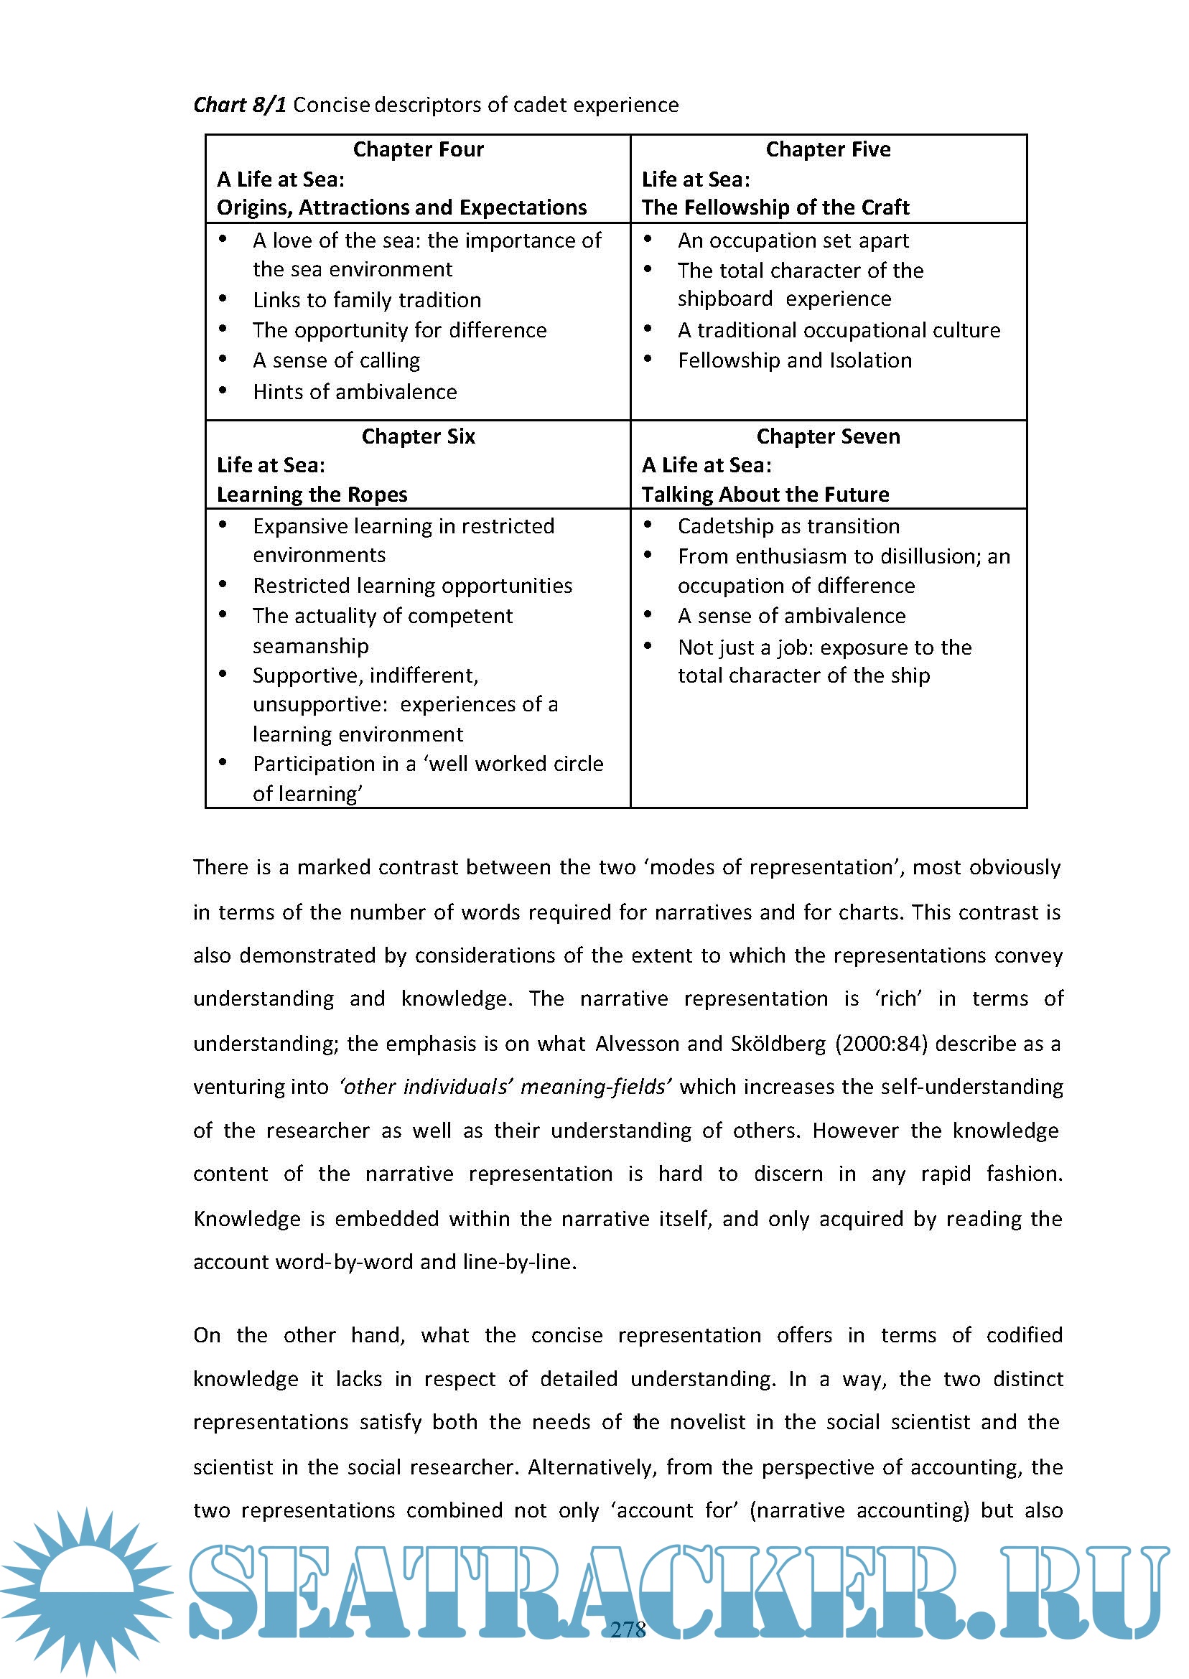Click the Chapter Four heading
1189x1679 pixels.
point(418,149)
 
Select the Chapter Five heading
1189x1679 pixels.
point(828,149)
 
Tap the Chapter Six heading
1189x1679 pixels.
point(418,436)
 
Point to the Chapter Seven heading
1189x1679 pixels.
point(828,436)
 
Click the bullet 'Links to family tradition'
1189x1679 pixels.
point(367,300)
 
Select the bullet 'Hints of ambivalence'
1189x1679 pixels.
point(355,391)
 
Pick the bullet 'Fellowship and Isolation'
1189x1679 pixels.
point(794,360)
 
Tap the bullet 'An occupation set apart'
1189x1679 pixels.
point(793,240)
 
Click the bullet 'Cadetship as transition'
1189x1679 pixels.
point(788,526)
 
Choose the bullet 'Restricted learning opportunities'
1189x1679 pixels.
point(412,586)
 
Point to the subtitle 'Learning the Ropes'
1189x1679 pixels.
point(312,495)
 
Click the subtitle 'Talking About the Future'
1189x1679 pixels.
point(765,495)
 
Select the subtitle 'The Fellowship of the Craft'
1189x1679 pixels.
point(775,208)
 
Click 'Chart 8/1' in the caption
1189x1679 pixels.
point(239,106)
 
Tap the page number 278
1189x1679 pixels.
point(628,1629)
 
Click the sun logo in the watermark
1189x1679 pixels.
point(86,1589)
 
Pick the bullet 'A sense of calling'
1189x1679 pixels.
point(336,360)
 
